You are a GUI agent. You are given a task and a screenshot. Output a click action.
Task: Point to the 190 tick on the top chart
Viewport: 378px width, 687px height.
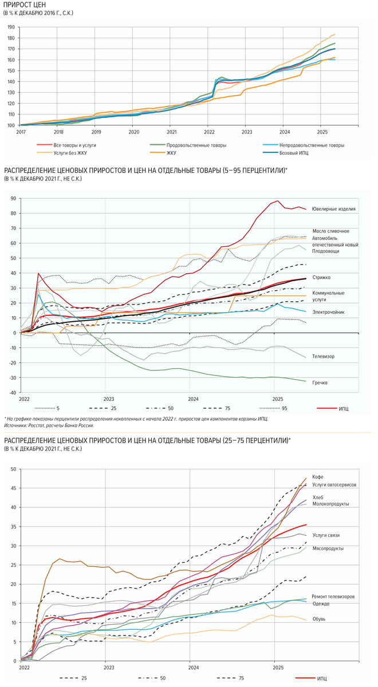click(11, 26)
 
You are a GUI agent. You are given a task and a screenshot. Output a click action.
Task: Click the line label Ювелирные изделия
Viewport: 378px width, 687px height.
click(334, 209)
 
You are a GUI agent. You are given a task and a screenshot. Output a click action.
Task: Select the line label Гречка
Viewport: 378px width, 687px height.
click(320, 382)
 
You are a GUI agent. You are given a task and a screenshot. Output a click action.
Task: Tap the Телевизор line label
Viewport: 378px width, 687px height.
click(324, 356)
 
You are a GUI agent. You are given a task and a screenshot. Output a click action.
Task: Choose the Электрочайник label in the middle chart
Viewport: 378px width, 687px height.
click(328, 312)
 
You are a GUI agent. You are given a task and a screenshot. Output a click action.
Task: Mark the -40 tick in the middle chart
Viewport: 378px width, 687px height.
click(11, 393)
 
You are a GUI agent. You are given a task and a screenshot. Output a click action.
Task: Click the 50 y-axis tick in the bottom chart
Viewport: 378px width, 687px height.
click(11, 469)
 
